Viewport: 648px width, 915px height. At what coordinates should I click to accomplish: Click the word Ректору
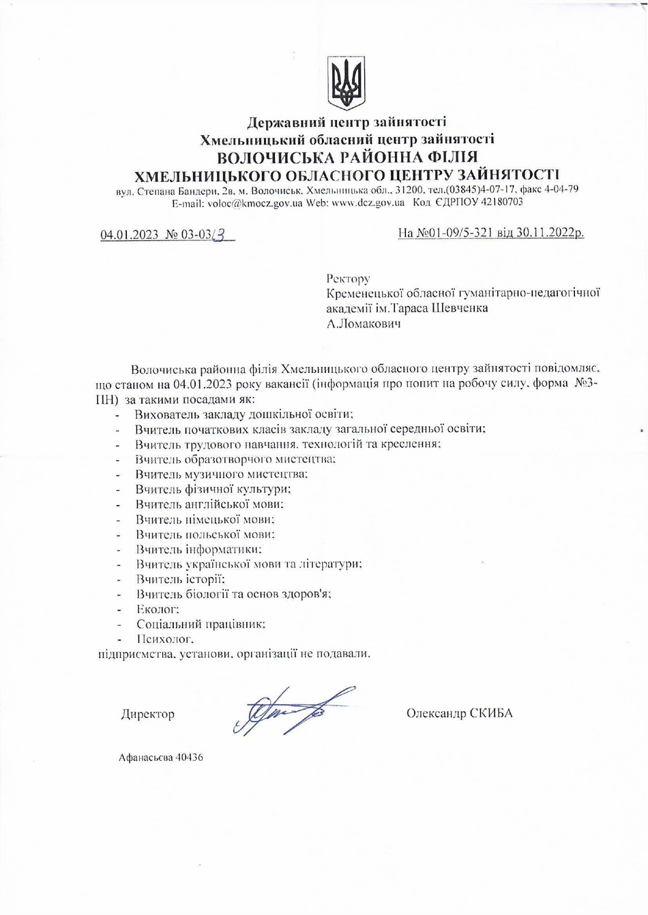[348, 278]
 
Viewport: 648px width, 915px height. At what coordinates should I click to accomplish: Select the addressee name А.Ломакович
[364, 324]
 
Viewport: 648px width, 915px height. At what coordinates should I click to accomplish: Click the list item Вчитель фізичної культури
[213, 489]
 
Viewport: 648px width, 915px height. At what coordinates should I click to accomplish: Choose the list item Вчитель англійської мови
[209, 504]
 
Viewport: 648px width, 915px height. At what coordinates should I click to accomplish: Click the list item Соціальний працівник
[200, 624]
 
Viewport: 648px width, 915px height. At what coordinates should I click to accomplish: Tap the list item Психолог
[164, 640]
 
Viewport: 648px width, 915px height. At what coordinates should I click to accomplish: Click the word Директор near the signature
[147, 714]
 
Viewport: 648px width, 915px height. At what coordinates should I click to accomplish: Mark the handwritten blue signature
[286, 712]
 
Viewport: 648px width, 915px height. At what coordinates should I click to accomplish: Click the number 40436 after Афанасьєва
[189, 757]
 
